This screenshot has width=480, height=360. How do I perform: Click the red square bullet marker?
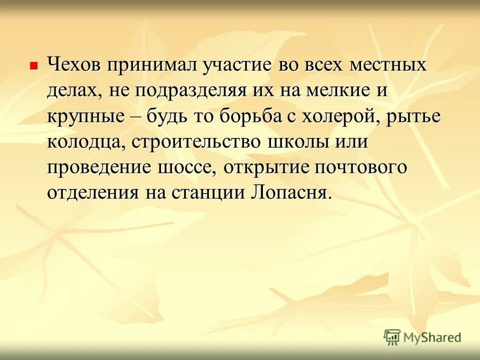[x=33, y=65]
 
